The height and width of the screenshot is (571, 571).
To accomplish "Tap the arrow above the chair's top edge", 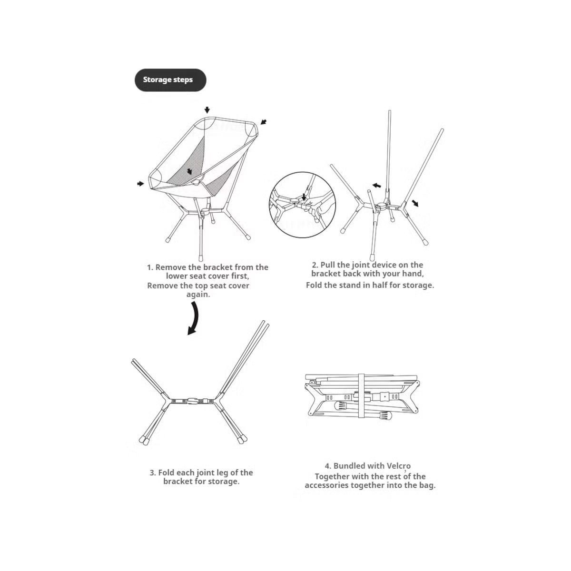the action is (x=207, y=110).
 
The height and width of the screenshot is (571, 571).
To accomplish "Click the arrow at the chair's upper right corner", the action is (x=264, y=122).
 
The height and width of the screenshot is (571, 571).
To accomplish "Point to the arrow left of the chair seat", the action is (x=140, y=184).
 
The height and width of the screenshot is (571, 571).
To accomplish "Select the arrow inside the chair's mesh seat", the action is (x=189, y=171).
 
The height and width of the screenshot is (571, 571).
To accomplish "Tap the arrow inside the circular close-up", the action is (x=304, y=197).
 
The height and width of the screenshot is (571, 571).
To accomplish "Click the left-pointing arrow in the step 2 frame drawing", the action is (x=376, y=186).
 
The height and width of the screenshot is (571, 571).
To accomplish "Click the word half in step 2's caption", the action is (x=375, y=285).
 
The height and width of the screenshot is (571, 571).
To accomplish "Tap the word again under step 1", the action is (x=198, y=295).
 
